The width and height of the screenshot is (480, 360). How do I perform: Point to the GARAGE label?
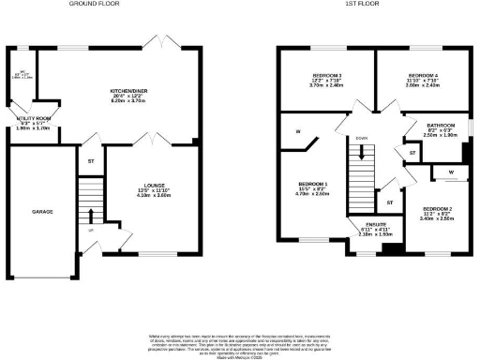pos(41,212)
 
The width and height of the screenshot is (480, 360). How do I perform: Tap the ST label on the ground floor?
pos(91,161)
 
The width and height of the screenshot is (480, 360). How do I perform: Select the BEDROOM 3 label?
pos(325,75)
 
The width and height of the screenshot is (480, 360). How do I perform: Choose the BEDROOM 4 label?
pos(422,75)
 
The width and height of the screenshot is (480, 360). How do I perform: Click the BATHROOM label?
pos(440,125)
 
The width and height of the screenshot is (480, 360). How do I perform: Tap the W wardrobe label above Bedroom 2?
pos(450,172)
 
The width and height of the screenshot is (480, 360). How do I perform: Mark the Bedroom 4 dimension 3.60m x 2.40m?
pos(422,85)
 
